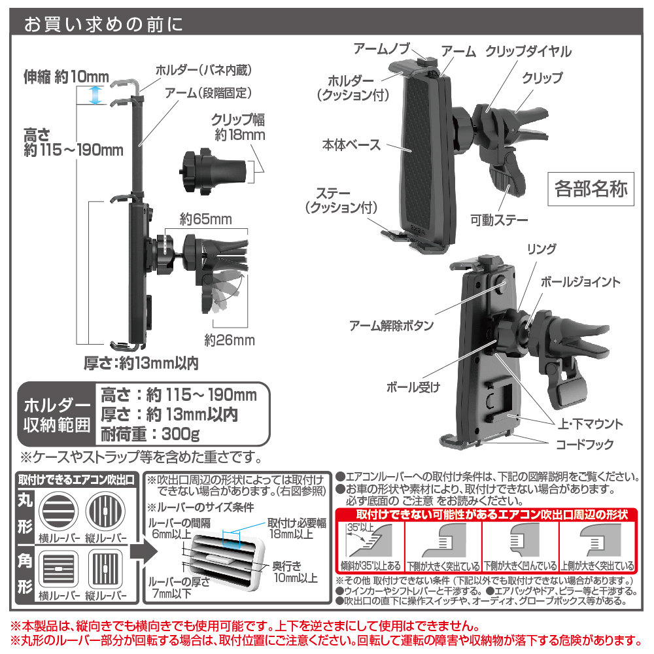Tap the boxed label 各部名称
(590, 190)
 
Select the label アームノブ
(382, 48)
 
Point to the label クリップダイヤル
(528, 52)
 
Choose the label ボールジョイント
(580, 283)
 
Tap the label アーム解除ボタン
(388, 325)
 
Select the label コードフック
(585, 445)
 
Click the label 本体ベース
(351, 145)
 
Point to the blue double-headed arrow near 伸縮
(96, 95)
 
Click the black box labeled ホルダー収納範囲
(57, 415)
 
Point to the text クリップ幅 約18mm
(238, 128)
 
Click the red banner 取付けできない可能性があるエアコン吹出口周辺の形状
(484, 515)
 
